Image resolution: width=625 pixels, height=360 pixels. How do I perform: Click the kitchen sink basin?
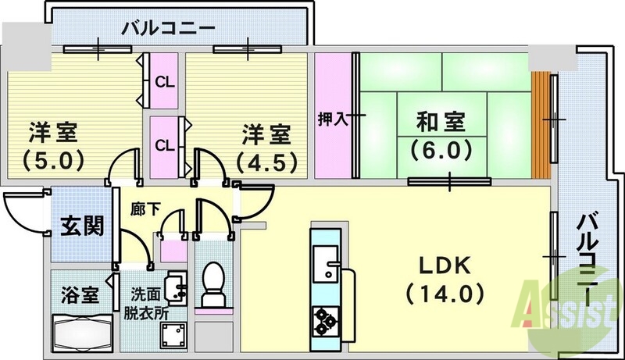click(x=323, y=258)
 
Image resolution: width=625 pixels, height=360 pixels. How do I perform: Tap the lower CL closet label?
click(x=164, y=144)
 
